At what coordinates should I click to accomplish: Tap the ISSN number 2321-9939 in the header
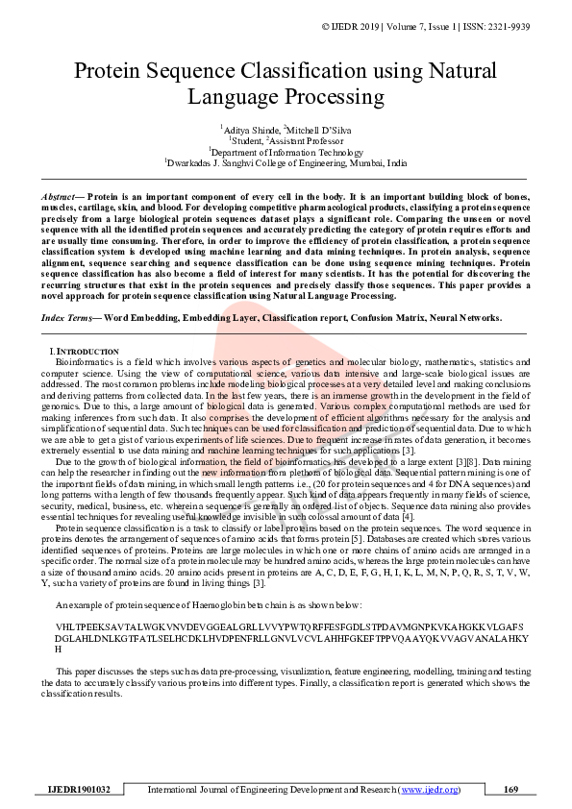pos(531,26)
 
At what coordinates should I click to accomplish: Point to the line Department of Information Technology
pos(286,152)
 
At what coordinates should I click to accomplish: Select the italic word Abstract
pos(60,196)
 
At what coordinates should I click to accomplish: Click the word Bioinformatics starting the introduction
pos(82,362)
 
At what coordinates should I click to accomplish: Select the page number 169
pos(511,790)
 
